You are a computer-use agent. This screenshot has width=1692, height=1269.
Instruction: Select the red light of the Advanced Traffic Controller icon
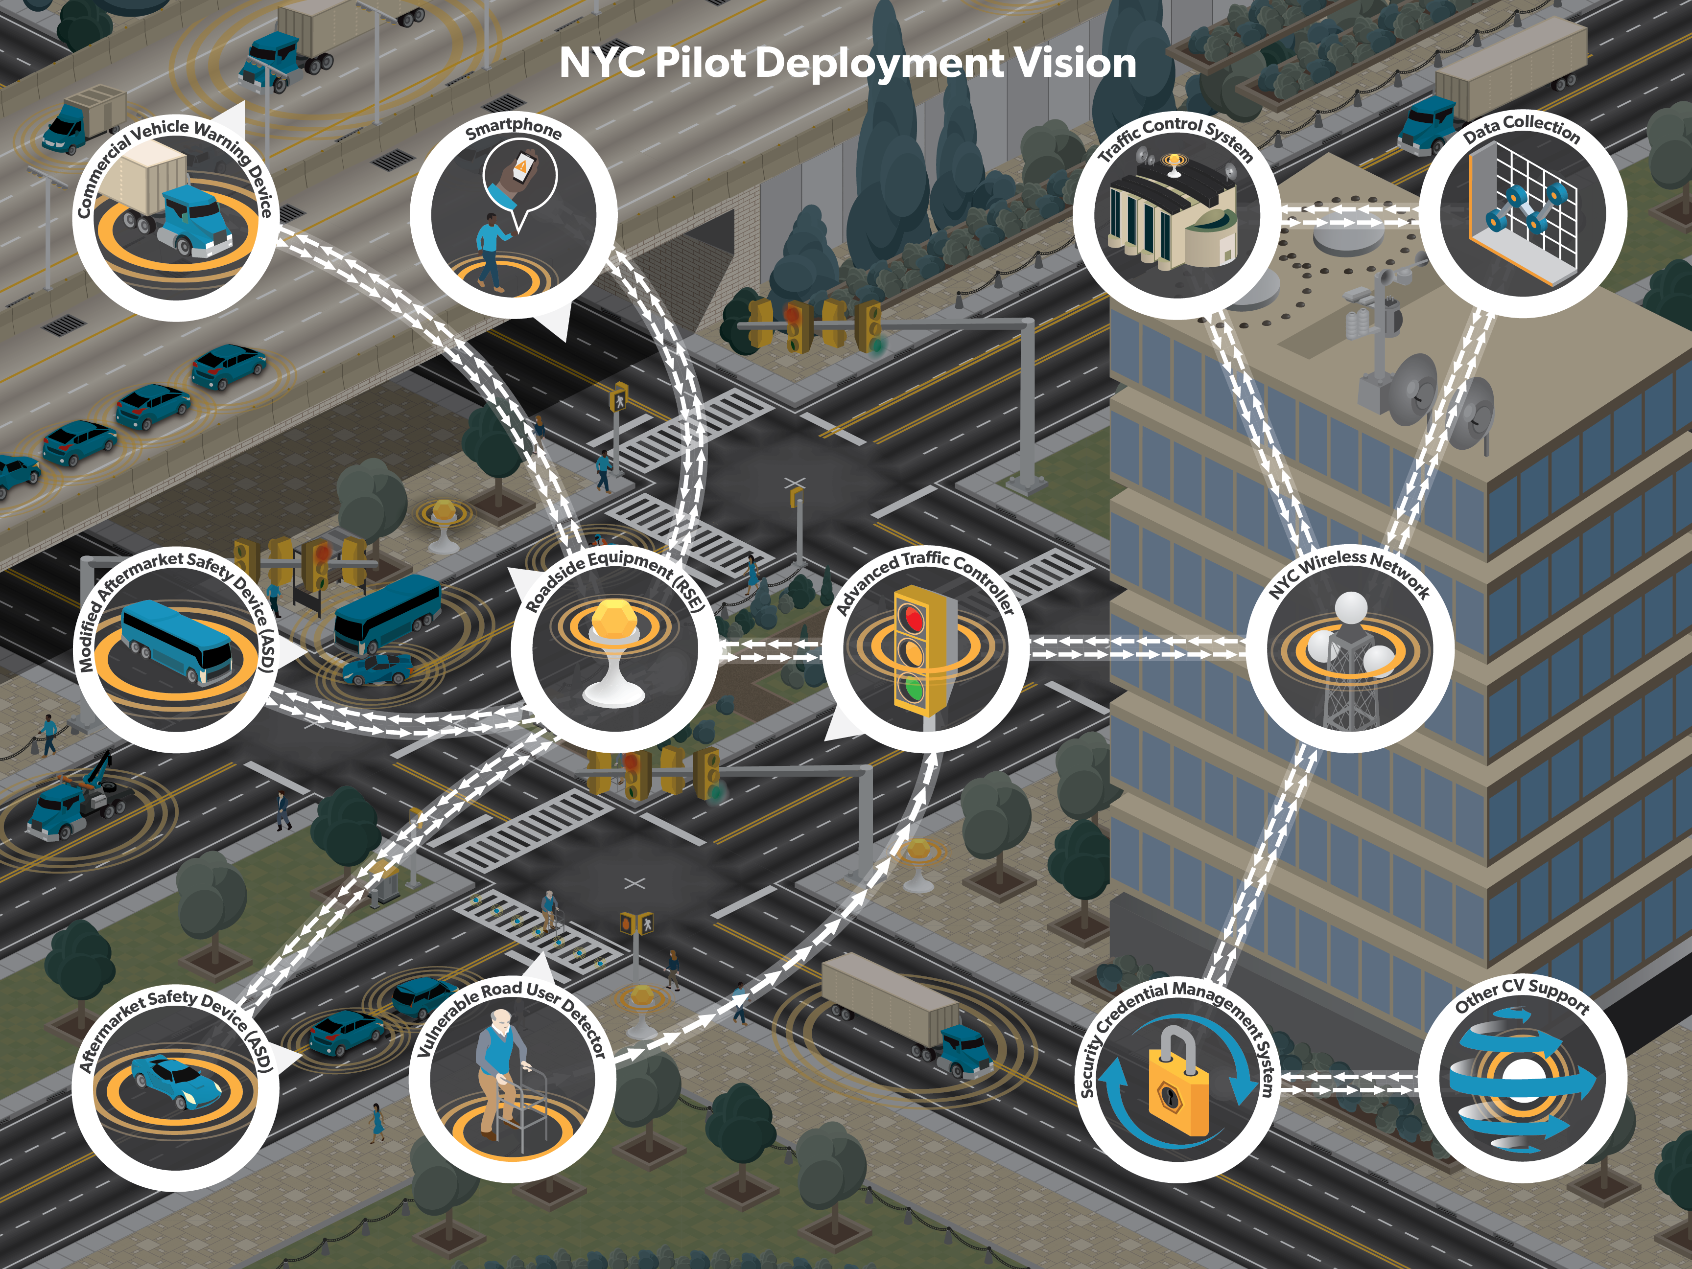point(911,616)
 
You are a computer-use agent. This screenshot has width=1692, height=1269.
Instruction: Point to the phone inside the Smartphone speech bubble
point(523,167)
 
